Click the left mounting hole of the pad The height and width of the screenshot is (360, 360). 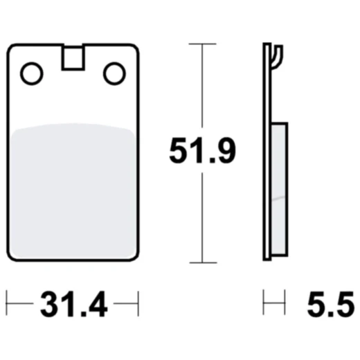coord(31,73)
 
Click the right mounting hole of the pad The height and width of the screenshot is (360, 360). coord(114,73)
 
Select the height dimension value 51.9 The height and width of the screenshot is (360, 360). coord(202,152)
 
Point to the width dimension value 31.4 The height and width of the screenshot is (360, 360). coord(73,304)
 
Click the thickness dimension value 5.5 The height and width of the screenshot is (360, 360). coord(329,304)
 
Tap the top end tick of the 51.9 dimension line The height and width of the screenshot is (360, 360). coord(201,44)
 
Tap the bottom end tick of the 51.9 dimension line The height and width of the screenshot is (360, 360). coord(201,262)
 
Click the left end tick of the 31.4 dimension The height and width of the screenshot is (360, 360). coord(7,303)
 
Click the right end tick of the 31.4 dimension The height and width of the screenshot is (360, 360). coord(138,303)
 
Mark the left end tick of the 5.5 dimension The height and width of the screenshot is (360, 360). coord(264,303)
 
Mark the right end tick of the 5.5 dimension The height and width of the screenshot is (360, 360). coord(285,303)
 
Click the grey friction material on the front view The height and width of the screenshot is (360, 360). coord(73,190)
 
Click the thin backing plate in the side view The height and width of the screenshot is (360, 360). coord(267,159)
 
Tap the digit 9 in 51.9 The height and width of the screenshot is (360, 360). coord(224,152)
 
